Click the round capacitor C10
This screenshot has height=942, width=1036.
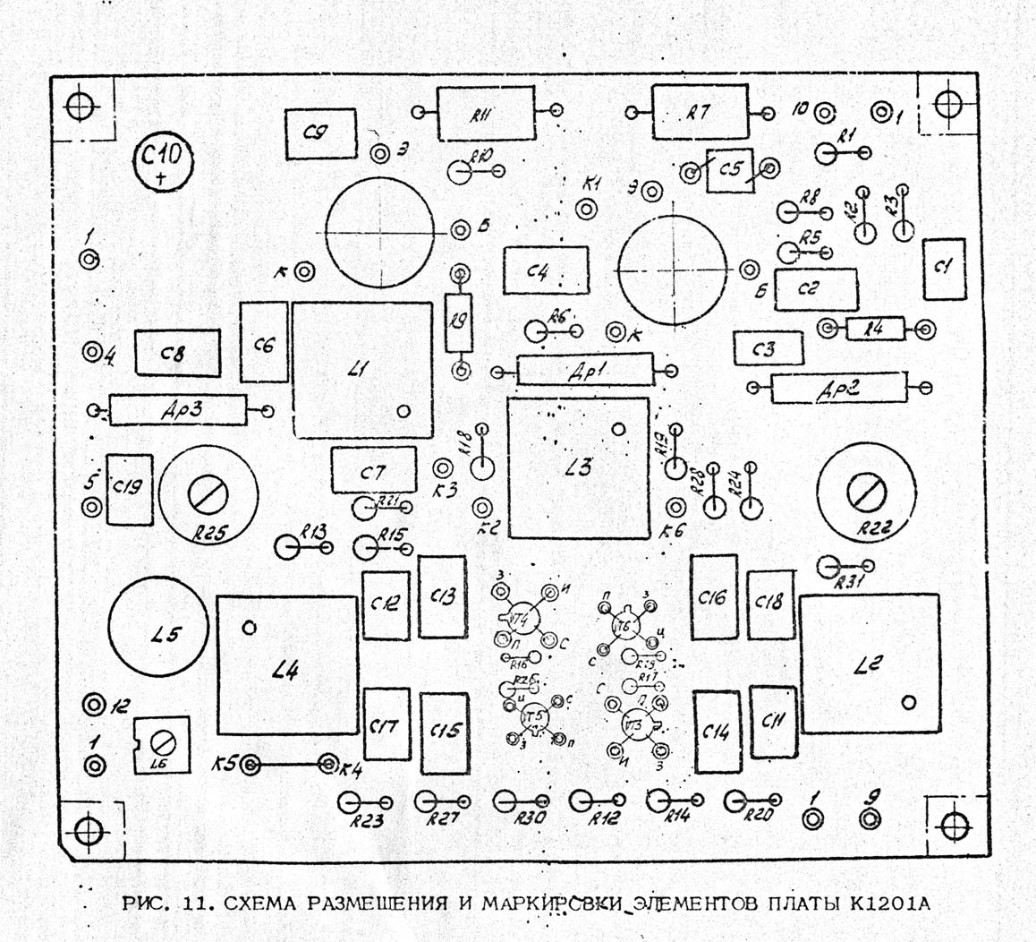point(163,162)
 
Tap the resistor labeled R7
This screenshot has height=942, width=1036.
point(699,112)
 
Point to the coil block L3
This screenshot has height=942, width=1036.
point(578,467)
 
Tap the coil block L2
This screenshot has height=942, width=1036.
point(870,664)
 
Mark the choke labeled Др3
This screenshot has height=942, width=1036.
point(177,410)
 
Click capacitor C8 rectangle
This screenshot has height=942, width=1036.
point(177,354)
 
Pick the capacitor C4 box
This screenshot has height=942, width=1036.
point(546,270)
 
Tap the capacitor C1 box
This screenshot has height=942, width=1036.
point(944,270)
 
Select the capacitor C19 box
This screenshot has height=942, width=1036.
point(129,489)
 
